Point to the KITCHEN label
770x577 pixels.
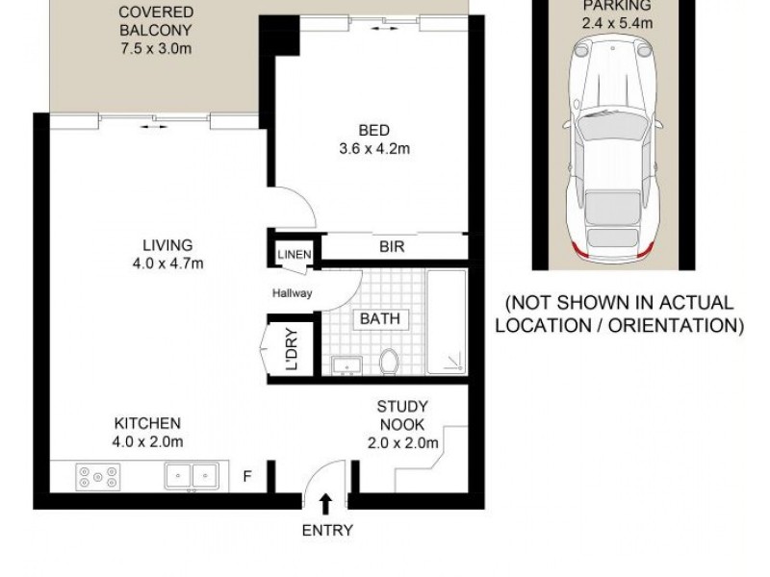point(148,423)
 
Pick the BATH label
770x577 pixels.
point(381,318)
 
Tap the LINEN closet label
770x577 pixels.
point(295,254)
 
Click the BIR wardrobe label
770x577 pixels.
point(391,247)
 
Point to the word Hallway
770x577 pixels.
point(293,294)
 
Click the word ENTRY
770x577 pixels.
point(327,530)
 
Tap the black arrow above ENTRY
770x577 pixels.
point(327,502)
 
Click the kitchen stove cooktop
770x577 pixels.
point(98,474)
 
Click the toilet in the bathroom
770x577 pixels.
point(390,362)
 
